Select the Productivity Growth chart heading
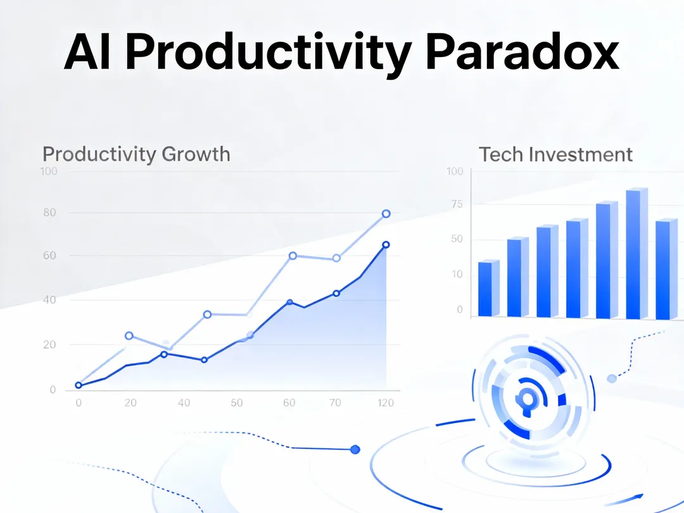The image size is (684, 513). tap(136, 155)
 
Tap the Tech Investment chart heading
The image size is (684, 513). tap(556, 155)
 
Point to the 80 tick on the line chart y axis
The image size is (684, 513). tap(50, 212)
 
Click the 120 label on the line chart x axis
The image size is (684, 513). tap(386, 403)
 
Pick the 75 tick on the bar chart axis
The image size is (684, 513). tap(457, 204)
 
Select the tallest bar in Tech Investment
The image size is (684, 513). tap(637, 253)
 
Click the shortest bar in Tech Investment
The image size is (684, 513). tap(489, 288)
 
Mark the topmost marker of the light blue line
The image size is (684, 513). tap(386, 214)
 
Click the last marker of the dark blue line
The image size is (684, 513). tap(386, 245)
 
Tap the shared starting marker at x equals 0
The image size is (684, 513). tap(79, 385)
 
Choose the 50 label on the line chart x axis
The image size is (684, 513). tap(236, 403)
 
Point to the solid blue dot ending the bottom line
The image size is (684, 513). tap(355, 449)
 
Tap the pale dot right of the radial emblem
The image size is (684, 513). tap(612, 379)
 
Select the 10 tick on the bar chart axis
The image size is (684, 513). tap(457, 274)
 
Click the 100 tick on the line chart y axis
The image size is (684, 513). tap(49, 171)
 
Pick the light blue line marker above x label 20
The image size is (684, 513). tap(129, 336)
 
